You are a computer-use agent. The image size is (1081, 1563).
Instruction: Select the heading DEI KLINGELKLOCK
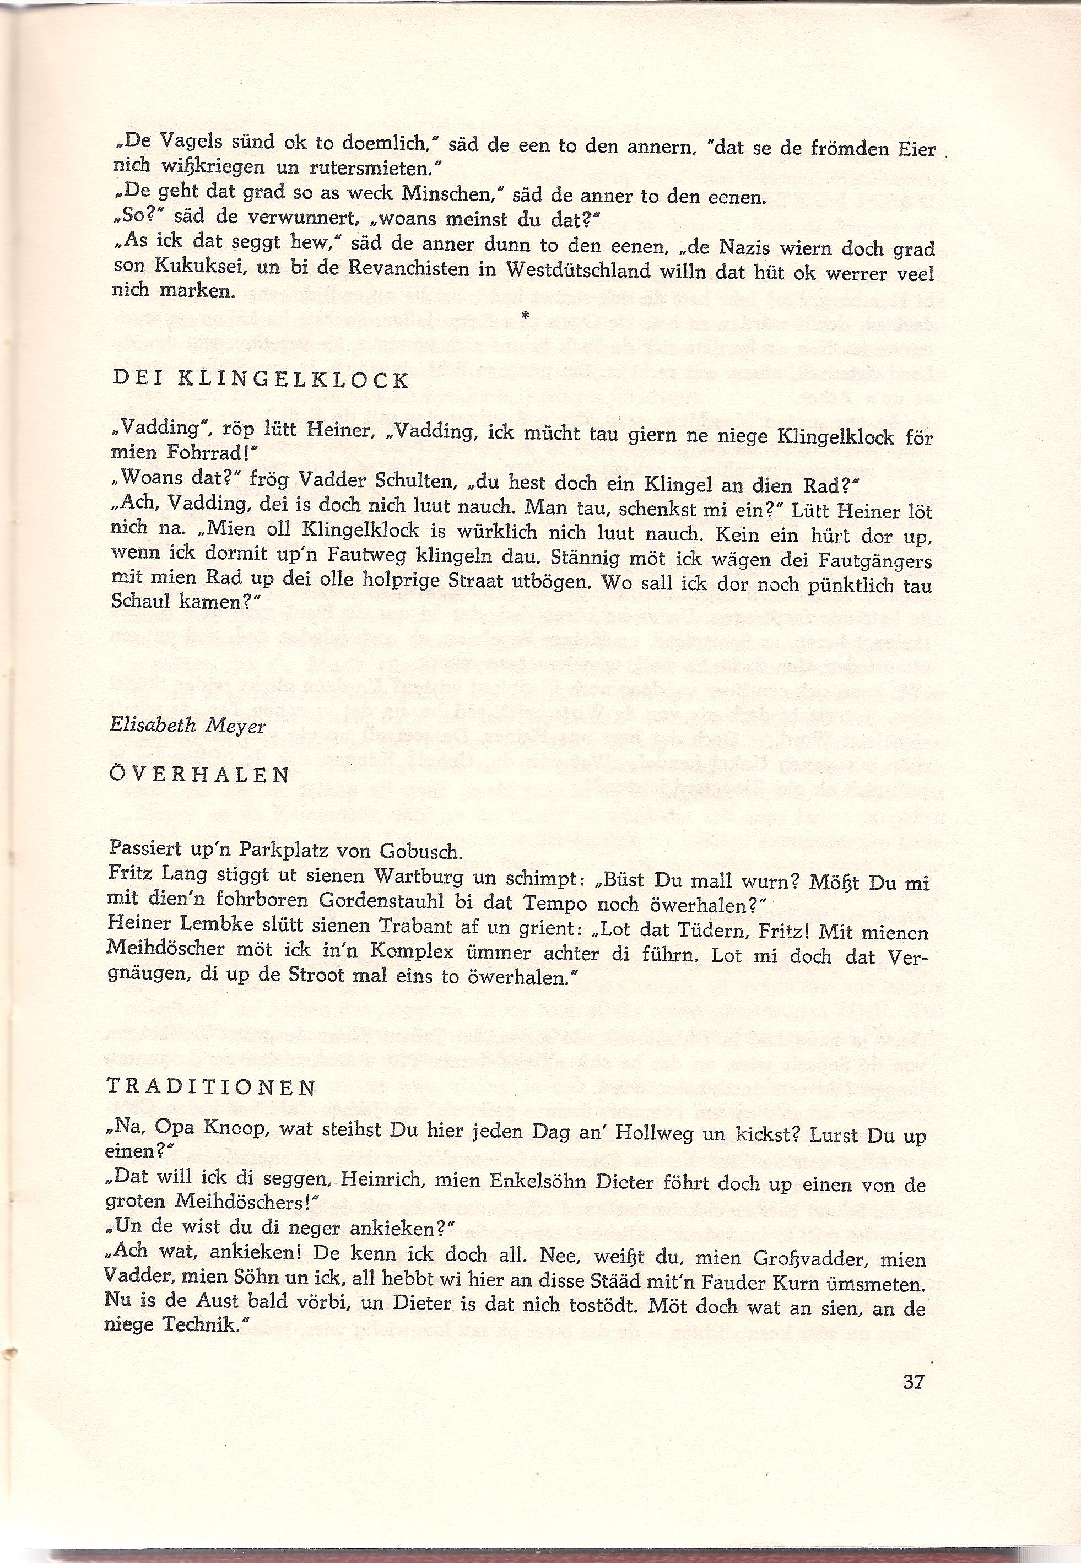coord(260,380)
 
